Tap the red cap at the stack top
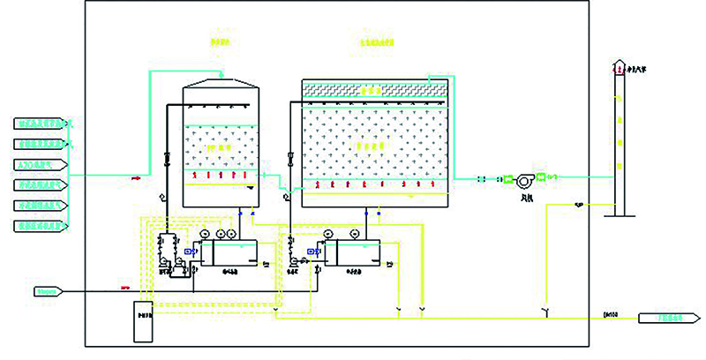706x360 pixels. (620, 67)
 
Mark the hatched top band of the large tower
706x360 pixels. (370, 88)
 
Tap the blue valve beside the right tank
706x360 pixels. (314, 251)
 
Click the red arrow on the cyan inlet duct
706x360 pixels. (137, 177)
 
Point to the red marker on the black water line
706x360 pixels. (124, 288)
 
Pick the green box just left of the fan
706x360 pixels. (508, 180)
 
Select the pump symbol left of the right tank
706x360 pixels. (294, 262)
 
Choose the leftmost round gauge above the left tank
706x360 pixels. (205, 233)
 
